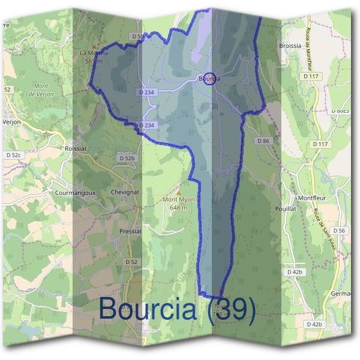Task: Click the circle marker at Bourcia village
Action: coord(209,79)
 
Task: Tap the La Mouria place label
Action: coord(94,53)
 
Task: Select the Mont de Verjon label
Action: coord(41,91)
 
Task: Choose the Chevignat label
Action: coord(125,192)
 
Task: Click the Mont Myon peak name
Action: coord(178,200)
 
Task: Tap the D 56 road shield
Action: coord(340,230)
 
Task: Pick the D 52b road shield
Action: coord(127,158)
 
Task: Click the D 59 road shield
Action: coord(137,37)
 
